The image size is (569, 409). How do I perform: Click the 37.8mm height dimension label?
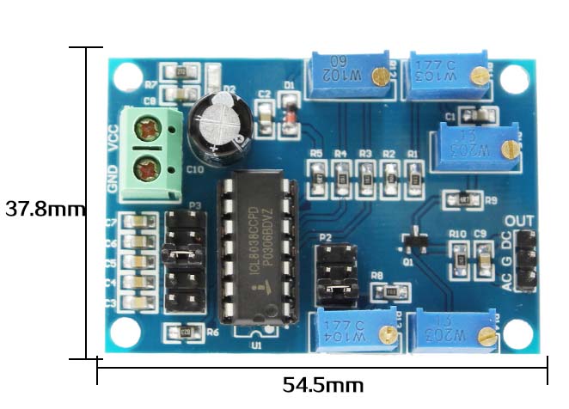[x=45, y=208]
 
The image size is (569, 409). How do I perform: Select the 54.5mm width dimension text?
[x=323, y=384]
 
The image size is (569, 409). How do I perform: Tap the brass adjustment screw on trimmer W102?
[x=379, y=78]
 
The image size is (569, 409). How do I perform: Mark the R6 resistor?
[x=183, y=332]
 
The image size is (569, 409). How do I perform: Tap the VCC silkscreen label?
[x=113, y=137]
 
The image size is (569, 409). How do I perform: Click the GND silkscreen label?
[x=113, y=178]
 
